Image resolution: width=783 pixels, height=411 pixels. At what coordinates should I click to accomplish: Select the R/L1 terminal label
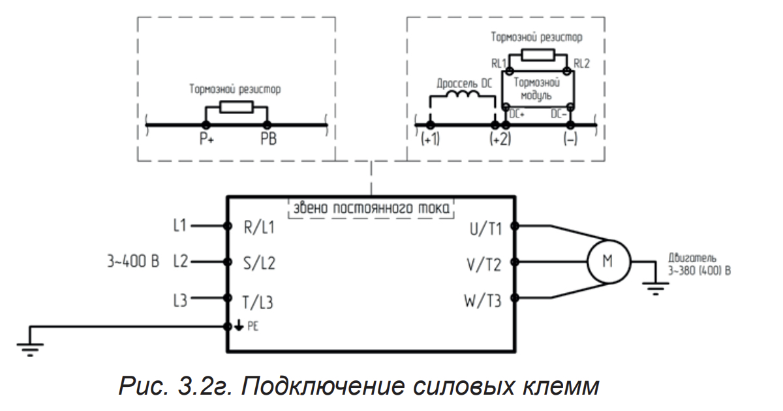(x=259, y=228)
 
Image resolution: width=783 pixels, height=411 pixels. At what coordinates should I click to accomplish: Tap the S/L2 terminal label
(x=259, y=264)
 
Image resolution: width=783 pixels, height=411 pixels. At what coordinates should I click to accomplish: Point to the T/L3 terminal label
(x=259, y=301)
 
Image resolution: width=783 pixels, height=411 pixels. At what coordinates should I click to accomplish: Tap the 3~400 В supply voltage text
(x=133, y=263)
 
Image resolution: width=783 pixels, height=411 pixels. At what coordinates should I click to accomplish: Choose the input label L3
(x=181, y=301)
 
